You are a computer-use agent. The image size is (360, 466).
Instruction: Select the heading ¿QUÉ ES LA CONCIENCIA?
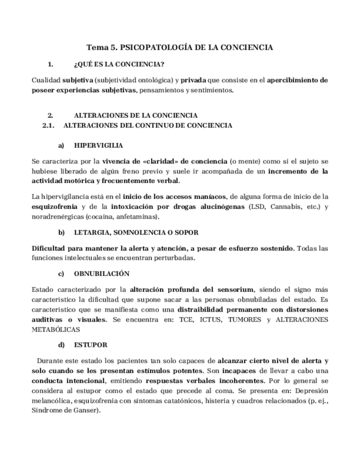[118, 64]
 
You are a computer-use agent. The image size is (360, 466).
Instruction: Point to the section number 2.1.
[49, 125]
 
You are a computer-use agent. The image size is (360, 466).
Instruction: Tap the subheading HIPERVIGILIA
[98, 146]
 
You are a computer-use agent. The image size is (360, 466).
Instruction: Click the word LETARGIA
[91, 232]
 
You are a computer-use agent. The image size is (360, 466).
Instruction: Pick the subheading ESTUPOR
[91, 345]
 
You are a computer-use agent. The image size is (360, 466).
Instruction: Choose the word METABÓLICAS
[56, 329]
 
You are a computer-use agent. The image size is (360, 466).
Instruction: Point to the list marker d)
[62, 345]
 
